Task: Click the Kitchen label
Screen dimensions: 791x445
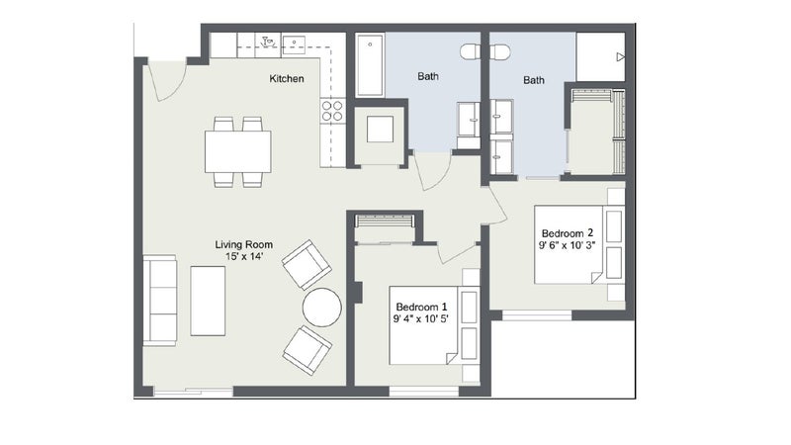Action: click(x=287, y=79)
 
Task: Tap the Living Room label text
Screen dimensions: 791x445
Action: click(x=244, y=244)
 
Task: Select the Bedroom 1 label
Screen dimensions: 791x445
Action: click(x=421, y=307)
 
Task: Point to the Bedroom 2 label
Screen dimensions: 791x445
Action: click(x=568, y=233)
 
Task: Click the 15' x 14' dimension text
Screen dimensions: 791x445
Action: click(x=244, y=257)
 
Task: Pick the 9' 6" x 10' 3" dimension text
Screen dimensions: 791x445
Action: click(x=568, y=245)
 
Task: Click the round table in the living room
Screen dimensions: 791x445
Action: click(x=322, y=308)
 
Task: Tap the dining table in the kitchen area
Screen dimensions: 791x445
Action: click(x=237, y=151)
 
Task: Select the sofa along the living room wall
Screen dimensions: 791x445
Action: click(x=160, y=301)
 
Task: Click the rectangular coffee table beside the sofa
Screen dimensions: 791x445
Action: click(x=208, y=301)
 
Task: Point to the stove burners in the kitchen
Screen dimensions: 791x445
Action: click(x=332, y=111)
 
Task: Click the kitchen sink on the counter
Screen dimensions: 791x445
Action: click(x=294, y=44)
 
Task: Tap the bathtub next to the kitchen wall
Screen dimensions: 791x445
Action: click(x=370, y=64)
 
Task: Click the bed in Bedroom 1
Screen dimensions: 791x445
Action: click(x=424, y=325)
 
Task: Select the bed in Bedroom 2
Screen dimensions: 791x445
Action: click(x=570, y=244)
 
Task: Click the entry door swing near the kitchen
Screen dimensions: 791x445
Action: click(x=167, y=81)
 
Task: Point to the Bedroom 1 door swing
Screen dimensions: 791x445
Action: click(x=456, y=252)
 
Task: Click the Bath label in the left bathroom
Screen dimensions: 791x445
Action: click(x=428, y=77)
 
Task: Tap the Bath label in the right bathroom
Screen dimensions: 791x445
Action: click(x=534, y=80)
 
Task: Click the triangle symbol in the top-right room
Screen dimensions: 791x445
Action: click(x=621, y=57)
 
